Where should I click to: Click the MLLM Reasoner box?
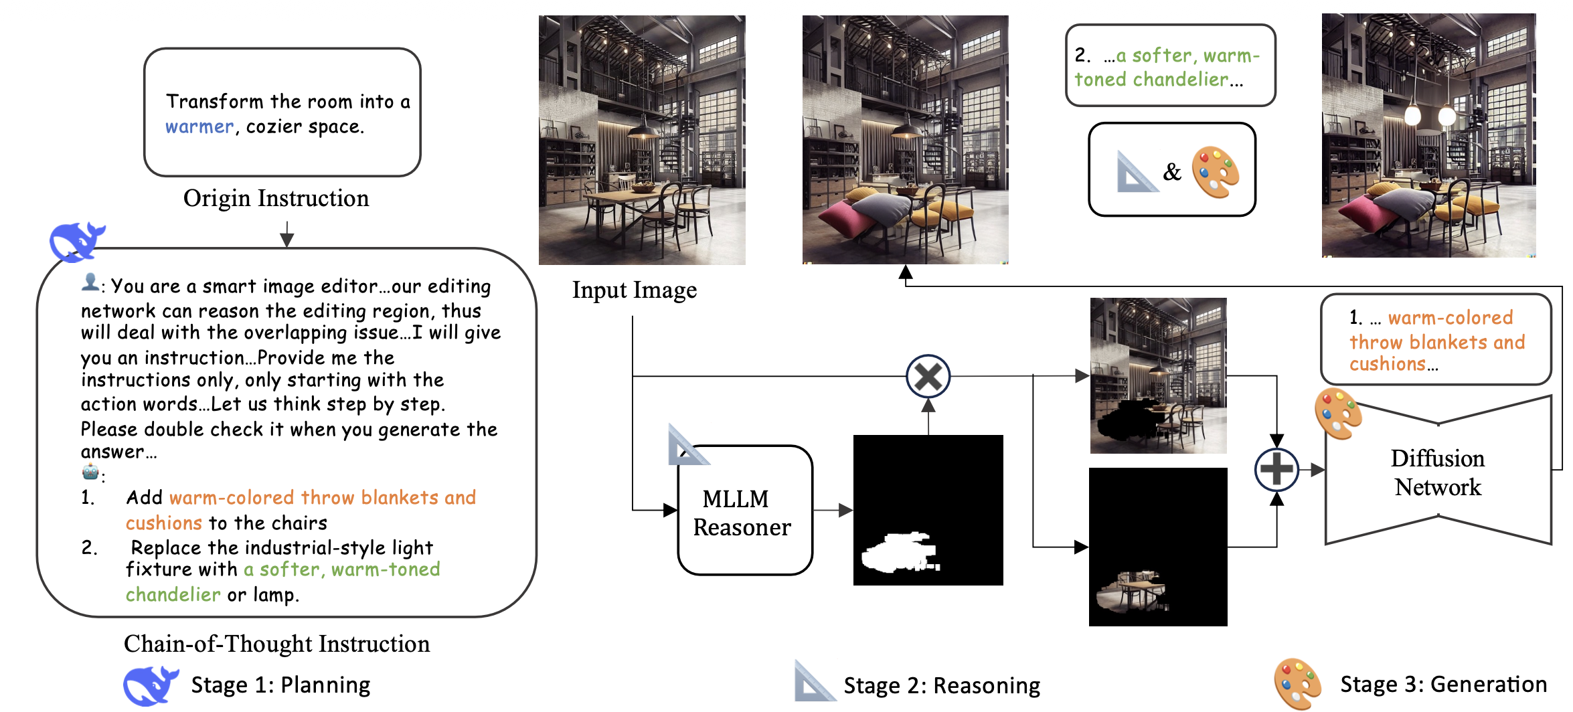pos(744,510)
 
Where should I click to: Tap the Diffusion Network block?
pos(1438,472)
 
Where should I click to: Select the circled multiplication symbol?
pos(928,376)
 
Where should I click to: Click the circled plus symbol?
pos(1276,469)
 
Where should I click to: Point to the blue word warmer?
pos(199,126)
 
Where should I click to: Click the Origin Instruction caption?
pos(276,198)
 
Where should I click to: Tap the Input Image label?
pos(634,290)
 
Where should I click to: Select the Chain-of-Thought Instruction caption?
pos(276,644)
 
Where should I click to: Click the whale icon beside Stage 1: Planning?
pos(151,685)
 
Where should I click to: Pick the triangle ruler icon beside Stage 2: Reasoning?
pos(814,681)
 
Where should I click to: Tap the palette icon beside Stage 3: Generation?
pos(1297,683)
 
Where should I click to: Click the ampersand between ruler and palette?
pos(1172,172)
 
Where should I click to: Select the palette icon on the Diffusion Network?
pos(1338,414)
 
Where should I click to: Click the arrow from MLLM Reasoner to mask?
pos(833,510)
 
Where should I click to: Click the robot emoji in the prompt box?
pos(90,472)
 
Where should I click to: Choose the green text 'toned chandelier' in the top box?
pos(1151,80)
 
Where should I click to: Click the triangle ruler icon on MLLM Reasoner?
pos(687,445)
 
